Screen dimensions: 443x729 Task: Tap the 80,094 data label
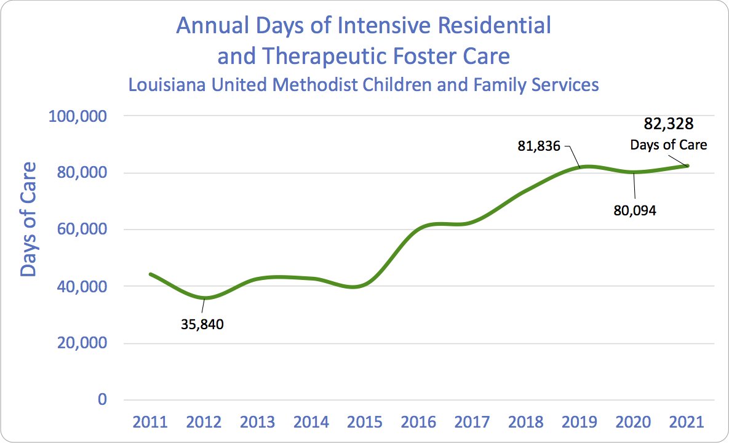tap(635, 210)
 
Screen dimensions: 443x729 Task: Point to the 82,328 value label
tap(669, 124)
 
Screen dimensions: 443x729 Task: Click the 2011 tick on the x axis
tap(150, 423)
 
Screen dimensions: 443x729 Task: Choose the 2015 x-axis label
tap(365, 423)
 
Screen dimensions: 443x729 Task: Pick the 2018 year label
tap(526, 423)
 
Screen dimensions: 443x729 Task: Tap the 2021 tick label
tap(687, 423)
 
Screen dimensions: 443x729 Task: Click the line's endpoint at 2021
tap(687, 166)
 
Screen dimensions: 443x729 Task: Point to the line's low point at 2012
tap(204, 298)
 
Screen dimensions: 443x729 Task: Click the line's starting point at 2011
tap(151, 274)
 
